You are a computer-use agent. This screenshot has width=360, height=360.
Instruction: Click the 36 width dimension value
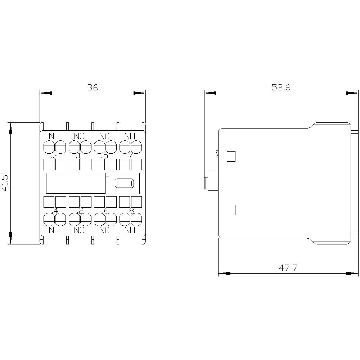[93, 87]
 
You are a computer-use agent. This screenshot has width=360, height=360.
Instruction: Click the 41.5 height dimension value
[5, 183]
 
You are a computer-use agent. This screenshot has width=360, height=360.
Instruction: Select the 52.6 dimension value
[281, 87]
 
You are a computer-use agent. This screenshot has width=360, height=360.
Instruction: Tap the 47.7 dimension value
[288, 268]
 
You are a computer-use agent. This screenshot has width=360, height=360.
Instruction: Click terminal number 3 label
[54, 156]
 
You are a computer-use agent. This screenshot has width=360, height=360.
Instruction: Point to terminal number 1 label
[79, 156]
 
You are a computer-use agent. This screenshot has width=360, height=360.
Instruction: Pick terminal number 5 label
[105, 156]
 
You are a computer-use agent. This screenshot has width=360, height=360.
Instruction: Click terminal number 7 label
[130, 156]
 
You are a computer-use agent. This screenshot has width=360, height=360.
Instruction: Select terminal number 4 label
[55, 211]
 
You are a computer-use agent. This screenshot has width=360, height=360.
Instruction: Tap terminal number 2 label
[81, 211]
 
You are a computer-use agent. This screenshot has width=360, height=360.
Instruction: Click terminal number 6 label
[106, 211]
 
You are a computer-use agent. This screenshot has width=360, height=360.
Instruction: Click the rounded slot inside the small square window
[124, 184]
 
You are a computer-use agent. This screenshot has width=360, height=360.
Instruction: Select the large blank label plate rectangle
[75, 183]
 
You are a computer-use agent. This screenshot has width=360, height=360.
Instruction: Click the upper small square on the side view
[231, 156]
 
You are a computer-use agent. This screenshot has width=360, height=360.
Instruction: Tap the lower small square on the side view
[231, 210]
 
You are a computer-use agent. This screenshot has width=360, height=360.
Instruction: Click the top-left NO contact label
[54, 136]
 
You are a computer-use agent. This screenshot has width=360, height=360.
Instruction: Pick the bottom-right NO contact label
[130, 230]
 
